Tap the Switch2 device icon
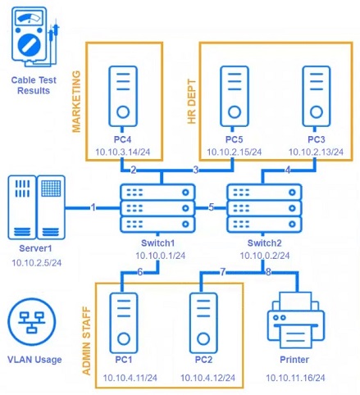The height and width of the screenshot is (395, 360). [263, 207]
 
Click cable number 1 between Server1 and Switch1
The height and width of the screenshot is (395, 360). [93, 207]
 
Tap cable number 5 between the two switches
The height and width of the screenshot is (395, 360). [211, 207]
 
